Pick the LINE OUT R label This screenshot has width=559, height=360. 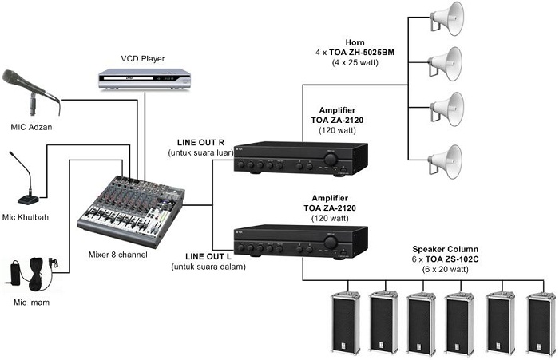(199, 142)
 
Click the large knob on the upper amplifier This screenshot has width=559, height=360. (328, 160)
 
